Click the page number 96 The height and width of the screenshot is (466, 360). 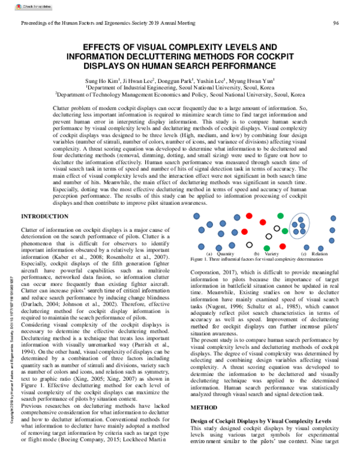[337, 23]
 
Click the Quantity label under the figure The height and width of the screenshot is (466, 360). [221, 255]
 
